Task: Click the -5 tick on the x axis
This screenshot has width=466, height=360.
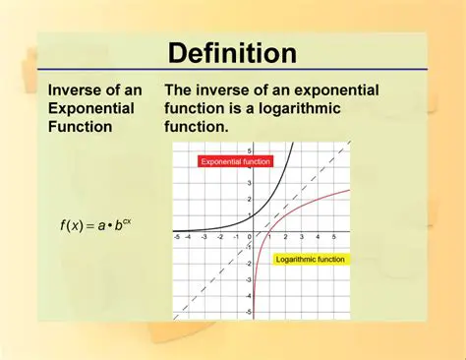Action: tap(176, 237)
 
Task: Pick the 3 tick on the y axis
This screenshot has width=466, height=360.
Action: tap(250, 183)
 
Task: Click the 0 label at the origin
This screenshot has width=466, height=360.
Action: tap(250, 237)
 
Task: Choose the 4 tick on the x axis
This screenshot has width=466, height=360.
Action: tap(320, 237)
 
